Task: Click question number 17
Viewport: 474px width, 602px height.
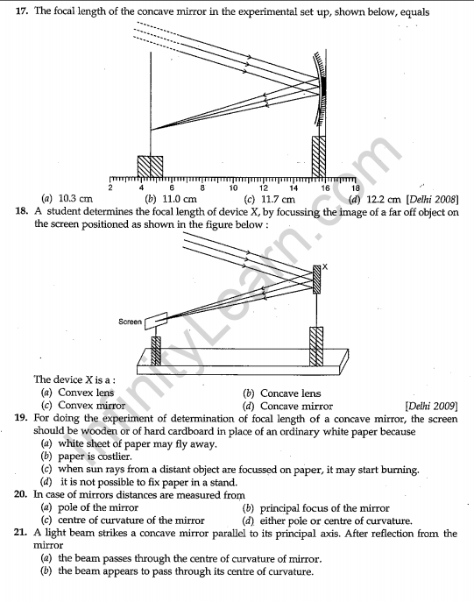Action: pyautogui.click(x=21, y=11)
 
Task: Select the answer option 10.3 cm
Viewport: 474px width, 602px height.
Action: pyautogui.click(x=75, y=199)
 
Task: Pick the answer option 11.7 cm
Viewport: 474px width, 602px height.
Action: pyautogui.click(x=278, y=200)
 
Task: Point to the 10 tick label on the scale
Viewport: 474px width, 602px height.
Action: pyautogui.click(x=233, y=188)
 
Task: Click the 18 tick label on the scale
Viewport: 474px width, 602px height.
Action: pyautogui.click(x=356, y=188)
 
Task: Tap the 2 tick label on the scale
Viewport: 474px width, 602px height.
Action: pyautogui.click(x=110, y=188)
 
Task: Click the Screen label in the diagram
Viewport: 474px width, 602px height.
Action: pyautogui.click(x=131, y=322)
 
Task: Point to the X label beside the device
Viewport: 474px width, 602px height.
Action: pyautogui.click(x=325, y=266)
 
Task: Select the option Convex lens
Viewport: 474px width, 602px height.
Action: pyautogui.click(x=86, y=393)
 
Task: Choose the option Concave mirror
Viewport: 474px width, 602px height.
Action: pyautogui.click(x=296, y=407)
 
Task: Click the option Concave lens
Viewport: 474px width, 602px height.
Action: pyautogui.click(x=290, y=393)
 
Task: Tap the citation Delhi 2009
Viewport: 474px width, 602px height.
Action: pyautogui.click(x=431, y=407)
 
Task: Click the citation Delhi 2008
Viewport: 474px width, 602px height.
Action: pyautogui.click(x=432, y=200)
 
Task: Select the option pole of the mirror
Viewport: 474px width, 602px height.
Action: pyautogui.click(x=98, y=508)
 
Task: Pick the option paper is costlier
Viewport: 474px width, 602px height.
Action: pyautogui.click(x=95, y=457)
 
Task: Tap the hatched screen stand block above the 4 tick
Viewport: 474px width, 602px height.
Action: pyautogui.click(x=150, y=166)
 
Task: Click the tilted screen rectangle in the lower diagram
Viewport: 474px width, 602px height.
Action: pyautogui.click(x=156, y=321)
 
